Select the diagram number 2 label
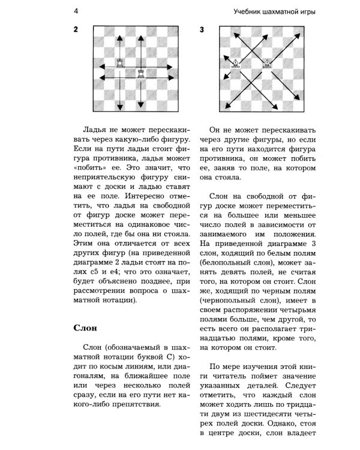coord(76,29)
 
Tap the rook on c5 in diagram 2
coord(122,62)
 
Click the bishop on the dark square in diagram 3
coord(236,62)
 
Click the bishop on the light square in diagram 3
coord(266,62)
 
